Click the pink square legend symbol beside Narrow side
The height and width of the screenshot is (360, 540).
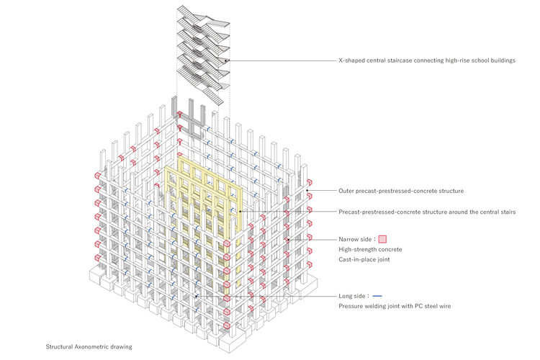coord(382,238)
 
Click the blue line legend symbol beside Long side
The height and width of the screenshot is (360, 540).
coord(377,295)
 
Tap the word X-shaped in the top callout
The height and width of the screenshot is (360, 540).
coord(356,61)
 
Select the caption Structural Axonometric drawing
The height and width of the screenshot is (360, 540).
coord(89,346)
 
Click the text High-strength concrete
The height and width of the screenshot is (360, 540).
coord(370,249)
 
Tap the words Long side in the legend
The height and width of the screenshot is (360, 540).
coord(353,295)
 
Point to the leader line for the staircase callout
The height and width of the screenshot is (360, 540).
coord(281,61)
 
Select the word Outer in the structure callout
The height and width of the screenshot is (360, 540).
coord(348,191)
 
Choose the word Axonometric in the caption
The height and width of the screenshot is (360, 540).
coord(90,346)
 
